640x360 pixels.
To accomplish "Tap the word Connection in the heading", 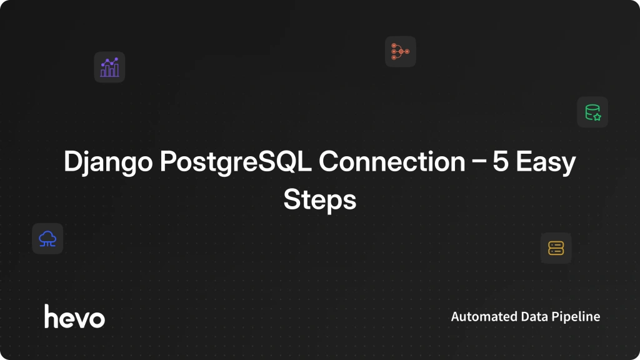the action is click(392, 162).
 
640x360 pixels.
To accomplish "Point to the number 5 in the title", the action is click(501, 162).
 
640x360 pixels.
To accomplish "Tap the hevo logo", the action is click(75, 316).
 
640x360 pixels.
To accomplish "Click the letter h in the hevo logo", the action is click(51, 316).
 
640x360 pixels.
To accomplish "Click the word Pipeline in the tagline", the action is click(576, 317).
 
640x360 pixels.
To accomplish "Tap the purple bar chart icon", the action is click(109, 67).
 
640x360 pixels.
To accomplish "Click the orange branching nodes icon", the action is click(401, 51).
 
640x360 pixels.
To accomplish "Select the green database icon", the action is click(592, 112).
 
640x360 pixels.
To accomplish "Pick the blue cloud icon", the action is click(47, 239).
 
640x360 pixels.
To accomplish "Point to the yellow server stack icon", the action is click(556, 248).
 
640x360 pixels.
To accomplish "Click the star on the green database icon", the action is click(597, 117).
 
